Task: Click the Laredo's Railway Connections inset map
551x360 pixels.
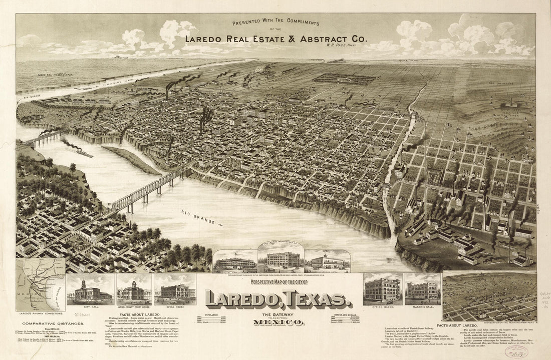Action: tap(40, 284)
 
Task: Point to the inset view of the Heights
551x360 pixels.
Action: tap(489, 289)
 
